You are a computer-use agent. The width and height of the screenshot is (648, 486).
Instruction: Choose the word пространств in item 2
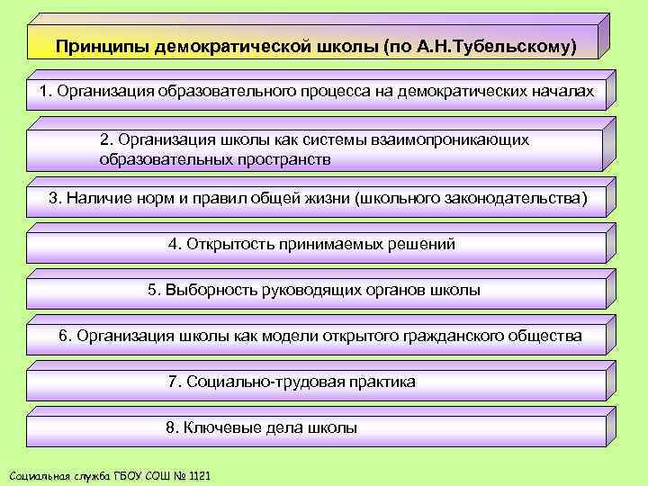click(286, 159)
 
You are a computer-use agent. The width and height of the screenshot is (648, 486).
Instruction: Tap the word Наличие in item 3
click(94, 198)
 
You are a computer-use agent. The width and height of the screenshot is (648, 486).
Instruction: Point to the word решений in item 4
click(422, 244)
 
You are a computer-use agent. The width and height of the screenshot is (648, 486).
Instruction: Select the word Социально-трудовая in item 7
click(253, 382)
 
